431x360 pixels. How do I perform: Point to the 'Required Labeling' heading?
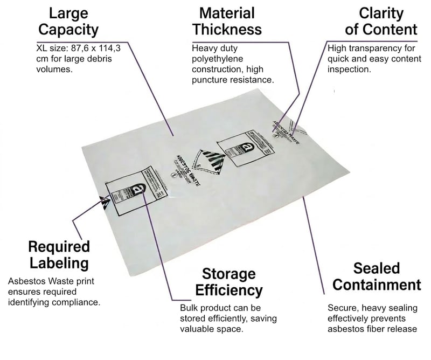[59, 254]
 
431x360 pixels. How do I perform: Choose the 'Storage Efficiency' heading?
[229, 281]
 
